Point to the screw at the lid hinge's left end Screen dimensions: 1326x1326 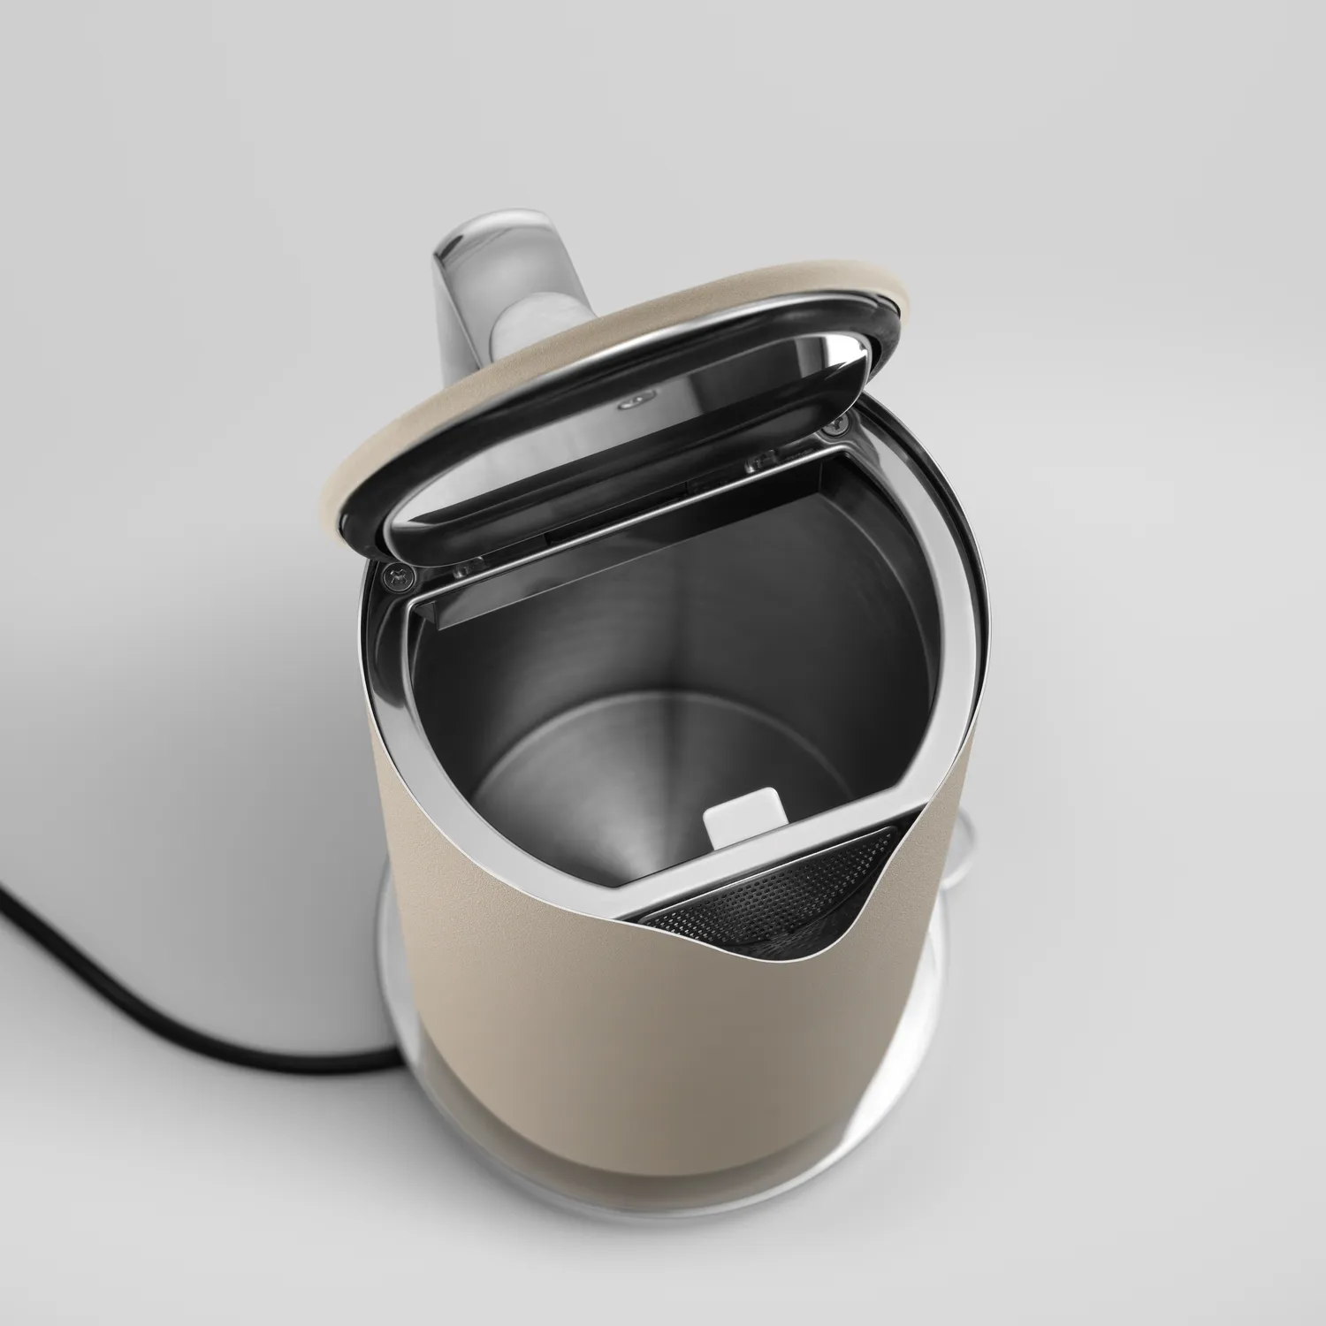[x=395, y=576]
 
